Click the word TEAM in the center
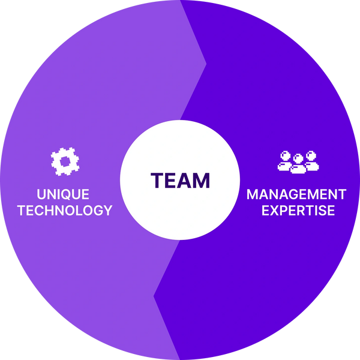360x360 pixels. [x=180, y=180]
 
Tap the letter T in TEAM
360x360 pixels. [x=157, y=180]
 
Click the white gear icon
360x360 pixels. [x=65, y=161]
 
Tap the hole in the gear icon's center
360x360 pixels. [x=65, y=161]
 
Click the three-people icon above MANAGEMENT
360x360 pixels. [x=298, y=161]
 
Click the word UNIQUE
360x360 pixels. [x=63, y=194]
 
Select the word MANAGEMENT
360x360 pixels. [x=296, y=194]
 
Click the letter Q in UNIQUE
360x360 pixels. [x=71, y=194]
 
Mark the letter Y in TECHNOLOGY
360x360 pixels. [x=107, y=210]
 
